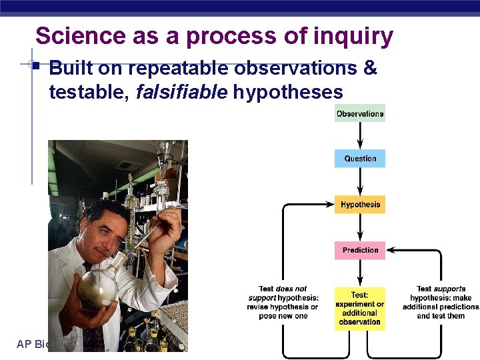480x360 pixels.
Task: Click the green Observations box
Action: point(360,113)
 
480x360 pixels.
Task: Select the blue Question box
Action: point(360,159)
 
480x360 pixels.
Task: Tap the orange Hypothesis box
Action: point(360,204)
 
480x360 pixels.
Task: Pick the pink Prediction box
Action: point(360,250)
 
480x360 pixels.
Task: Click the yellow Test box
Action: point(360,308)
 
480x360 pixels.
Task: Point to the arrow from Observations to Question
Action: point(360,136)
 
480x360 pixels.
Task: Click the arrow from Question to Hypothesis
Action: point(360,181)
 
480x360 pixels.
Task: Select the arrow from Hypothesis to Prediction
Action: point(360,227)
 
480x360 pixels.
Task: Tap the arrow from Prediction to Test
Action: point(360,273)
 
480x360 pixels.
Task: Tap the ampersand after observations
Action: point(370,69)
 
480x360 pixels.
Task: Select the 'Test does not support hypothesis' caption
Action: point(283,302)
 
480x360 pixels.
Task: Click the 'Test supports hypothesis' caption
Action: point(441,302)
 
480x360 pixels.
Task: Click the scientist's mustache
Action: point(101,251)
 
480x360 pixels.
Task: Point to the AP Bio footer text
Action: point(33,344)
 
